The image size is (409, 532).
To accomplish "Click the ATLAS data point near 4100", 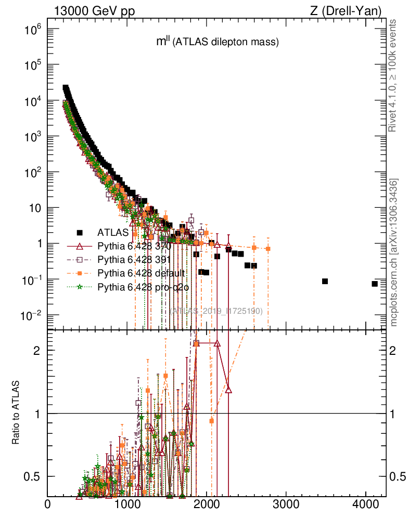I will point(375,284).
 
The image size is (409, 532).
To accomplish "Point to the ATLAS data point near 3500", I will point(325,281).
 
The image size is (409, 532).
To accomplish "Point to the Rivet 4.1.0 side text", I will point(394,75).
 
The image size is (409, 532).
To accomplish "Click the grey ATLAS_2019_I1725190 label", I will point(216,311).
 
